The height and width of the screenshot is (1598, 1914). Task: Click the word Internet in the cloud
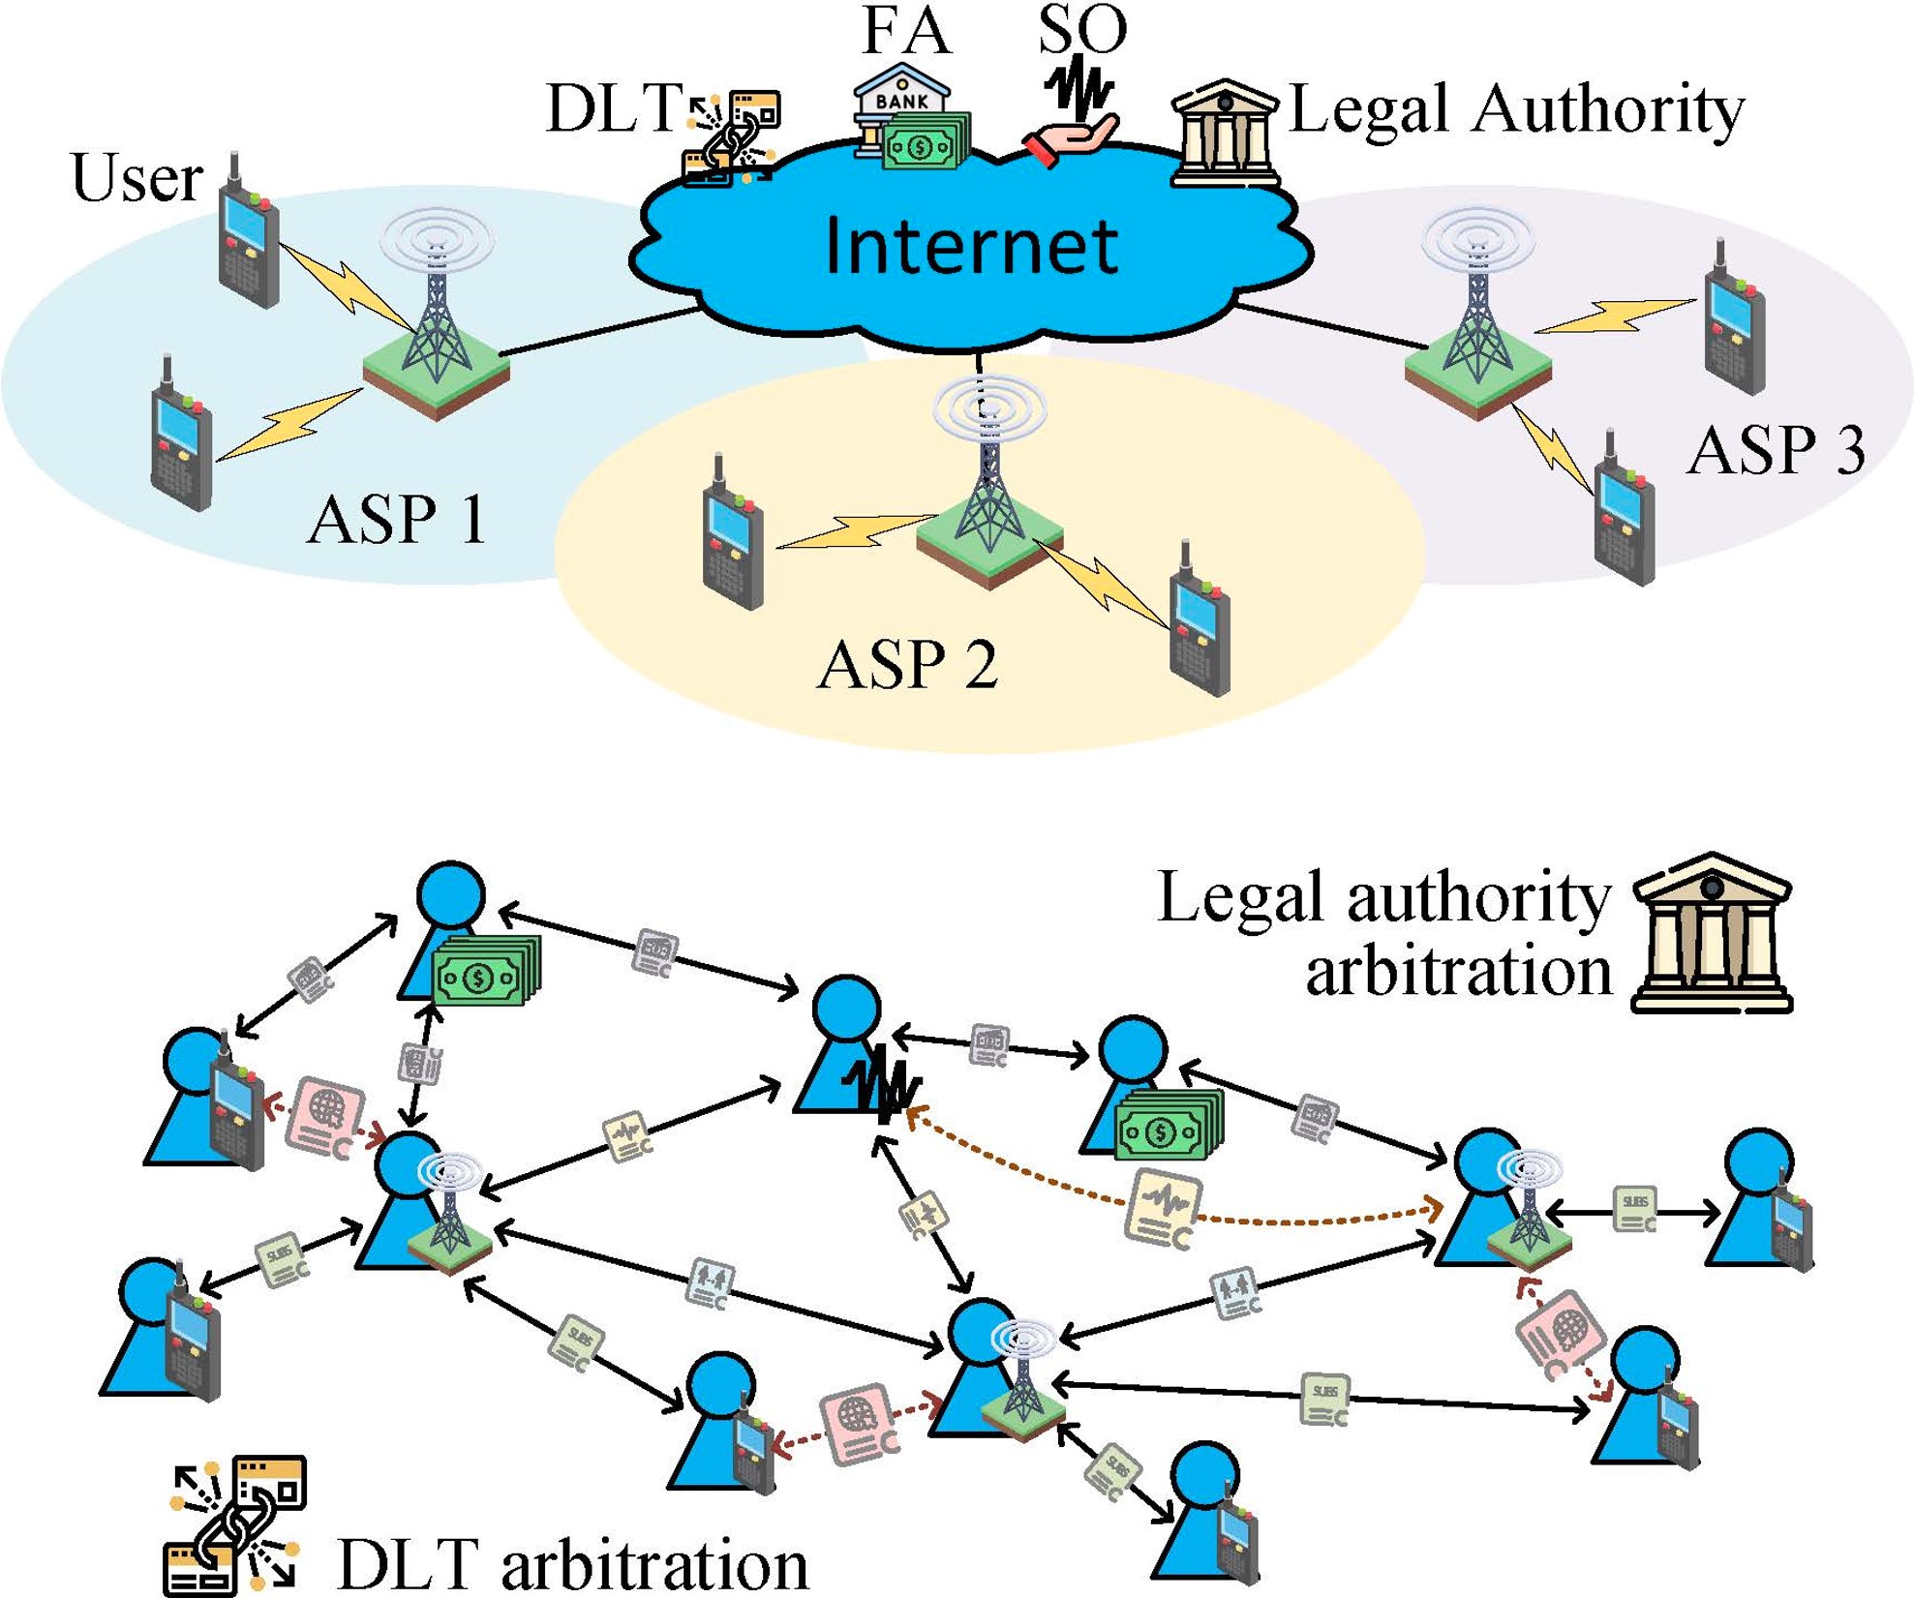[971, 246]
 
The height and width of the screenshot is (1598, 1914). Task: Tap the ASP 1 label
[396, 520]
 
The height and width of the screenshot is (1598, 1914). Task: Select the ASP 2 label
[907, 665]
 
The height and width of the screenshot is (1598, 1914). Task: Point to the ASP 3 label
[1776, 450]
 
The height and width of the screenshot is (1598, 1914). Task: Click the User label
[137, 179]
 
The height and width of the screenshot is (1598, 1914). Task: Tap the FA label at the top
[906, 31]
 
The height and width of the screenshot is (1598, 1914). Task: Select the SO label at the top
[1081, 29]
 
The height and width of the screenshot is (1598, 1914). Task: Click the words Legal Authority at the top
[1516, 109]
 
